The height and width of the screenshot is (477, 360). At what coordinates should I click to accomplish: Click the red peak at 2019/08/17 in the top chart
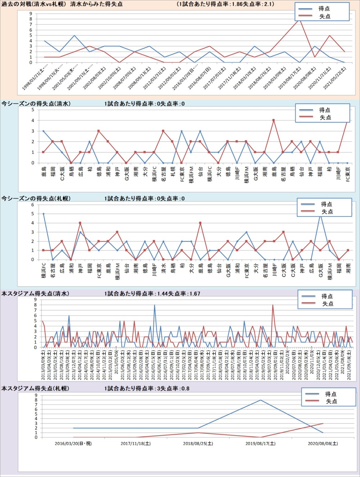click(x=299, y=19)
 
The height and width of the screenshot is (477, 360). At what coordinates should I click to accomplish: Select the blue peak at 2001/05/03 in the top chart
click(x=74, y=36)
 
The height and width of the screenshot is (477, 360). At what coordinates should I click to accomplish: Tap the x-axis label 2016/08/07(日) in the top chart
click(x=202, y=79)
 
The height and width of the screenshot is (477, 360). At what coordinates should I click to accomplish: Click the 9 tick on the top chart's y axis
click(x=31, y=14)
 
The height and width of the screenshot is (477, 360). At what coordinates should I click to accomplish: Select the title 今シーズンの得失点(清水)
click(x=36, y=104)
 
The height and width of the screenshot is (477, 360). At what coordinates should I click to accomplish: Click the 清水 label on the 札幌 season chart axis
click(x=163, y=268)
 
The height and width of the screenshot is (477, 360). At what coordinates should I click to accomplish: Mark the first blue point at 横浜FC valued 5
click(x=43, y=214)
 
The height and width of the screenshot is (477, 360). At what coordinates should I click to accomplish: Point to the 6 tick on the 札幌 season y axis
click(x=32, y=205)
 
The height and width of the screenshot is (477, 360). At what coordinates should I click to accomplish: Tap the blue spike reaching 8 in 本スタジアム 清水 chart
click(x=154, y=305)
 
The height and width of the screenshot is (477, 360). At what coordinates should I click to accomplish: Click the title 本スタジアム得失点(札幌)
click(x=35, y=389)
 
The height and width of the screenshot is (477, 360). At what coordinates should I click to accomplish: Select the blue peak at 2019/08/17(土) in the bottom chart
click(x=260, y=400)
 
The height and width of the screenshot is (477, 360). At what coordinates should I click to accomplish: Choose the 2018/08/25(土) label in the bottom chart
click(x=198, y=444)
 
